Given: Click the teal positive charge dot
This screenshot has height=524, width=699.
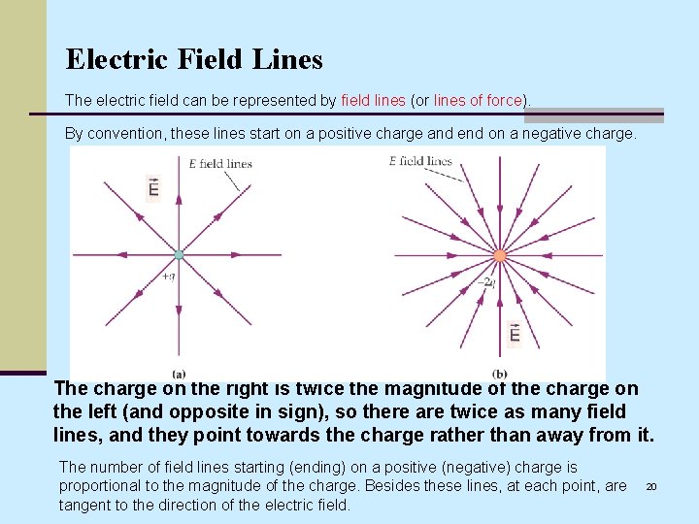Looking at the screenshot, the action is [x=179, y=255].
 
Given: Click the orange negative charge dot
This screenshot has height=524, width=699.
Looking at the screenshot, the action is [x=500, y=256].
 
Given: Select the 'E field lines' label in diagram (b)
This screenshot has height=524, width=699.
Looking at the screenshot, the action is [x=420, y=161].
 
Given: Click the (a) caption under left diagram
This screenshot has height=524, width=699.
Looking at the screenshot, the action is [x=179, y=374].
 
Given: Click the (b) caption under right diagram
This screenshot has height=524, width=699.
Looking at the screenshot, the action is [x=500, y=374].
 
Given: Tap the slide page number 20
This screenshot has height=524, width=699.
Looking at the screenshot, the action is [x=652, y=486].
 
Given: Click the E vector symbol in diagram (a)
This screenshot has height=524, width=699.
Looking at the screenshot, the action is [x=153, y=186].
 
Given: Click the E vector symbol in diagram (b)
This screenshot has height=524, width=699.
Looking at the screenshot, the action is [x=515, y=334].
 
